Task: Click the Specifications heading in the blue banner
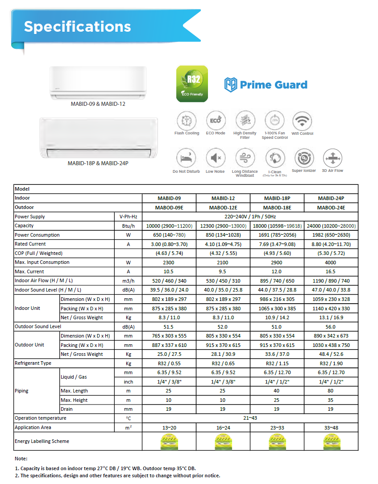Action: point(77,27)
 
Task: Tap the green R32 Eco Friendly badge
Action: point(192,83)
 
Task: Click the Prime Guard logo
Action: point(266,85)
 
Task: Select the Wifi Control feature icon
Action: point(302,121)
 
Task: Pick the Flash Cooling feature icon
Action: point(187,121)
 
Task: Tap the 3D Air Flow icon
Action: point(332,158)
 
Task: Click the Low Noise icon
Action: point(215,158)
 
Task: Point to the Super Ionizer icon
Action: point(303,158)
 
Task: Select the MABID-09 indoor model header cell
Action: point(169,198)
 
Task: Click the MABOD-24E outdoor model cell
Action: point(331,208)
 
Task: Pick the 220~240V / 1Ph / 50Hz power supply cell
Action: point(249,217)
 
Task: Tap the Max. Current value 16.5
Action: point(331,271)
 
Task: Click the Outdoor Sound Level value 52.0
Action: point(222,327)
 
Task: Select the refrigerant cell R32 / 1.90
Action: point(331,363)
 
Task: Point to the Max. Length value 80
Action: point(331,391)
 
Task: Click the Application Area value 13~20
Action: point(169,428)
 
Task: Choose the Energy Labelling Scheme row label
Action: point(42,441)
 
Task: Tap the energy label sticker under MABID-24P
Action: point(331,442)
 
